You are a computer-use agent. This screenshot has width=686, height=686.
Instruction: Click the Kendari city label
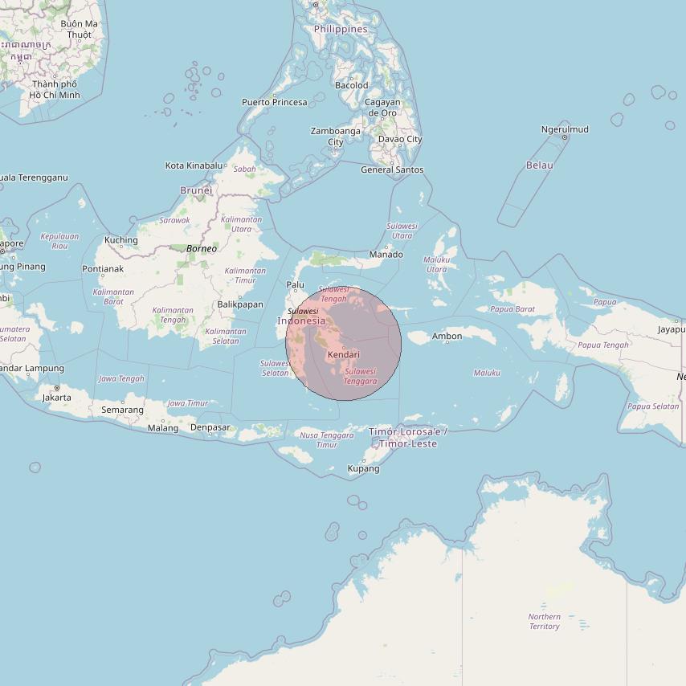point(344,354)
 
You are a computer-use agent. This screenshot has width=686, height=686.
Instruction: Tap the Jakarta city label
point(56,398)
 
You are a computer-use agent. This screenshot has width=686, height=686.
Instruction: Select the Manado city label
point(386,255)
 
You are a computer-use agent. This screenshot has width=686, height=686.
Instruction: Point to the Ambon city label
point(447,336)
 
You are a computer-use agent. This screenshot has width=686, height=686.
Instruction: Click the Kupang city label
point(363,468)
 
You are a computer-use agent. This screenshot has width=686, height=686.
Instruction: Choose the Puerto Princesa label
point(275,102)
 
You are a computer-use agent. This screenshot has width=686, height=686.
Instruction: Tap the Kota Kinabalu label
point(194,165)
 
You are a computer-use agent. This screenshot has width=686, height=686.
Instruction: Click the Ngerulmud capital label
point(565,129)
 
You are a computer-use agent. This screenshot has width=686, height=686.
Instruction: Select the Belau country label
point(540,165)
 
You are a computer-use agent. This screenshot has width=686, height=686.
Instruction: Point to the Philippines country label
point(341,29)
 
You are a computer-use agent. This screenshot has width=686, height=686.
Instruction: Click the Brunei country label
point(196,190)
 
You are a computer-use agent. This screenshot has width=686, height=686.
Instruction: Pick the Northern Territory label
point(545,622)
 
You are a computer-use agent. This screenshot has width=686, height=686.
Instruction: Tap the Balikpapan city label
point(240,304)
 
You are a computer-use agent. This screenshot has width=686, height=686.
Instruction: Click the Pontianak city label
point(103,269)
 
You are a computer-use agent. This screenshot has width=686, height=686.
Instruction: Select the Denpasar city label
point(210,427)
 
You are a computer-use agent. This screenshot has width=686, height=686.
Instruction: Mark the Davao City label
point(400,139)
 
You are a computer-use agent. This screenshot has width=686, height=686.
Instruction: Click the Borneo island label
point(202,249)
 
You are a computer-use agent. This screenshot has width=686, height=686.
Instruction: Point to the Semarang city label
point(122,410)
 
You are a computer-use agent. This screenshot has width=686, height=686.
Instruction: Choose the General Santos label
point(392,169)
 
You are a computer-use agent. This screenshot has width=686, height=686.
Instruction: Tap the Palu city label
point(296,284)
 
